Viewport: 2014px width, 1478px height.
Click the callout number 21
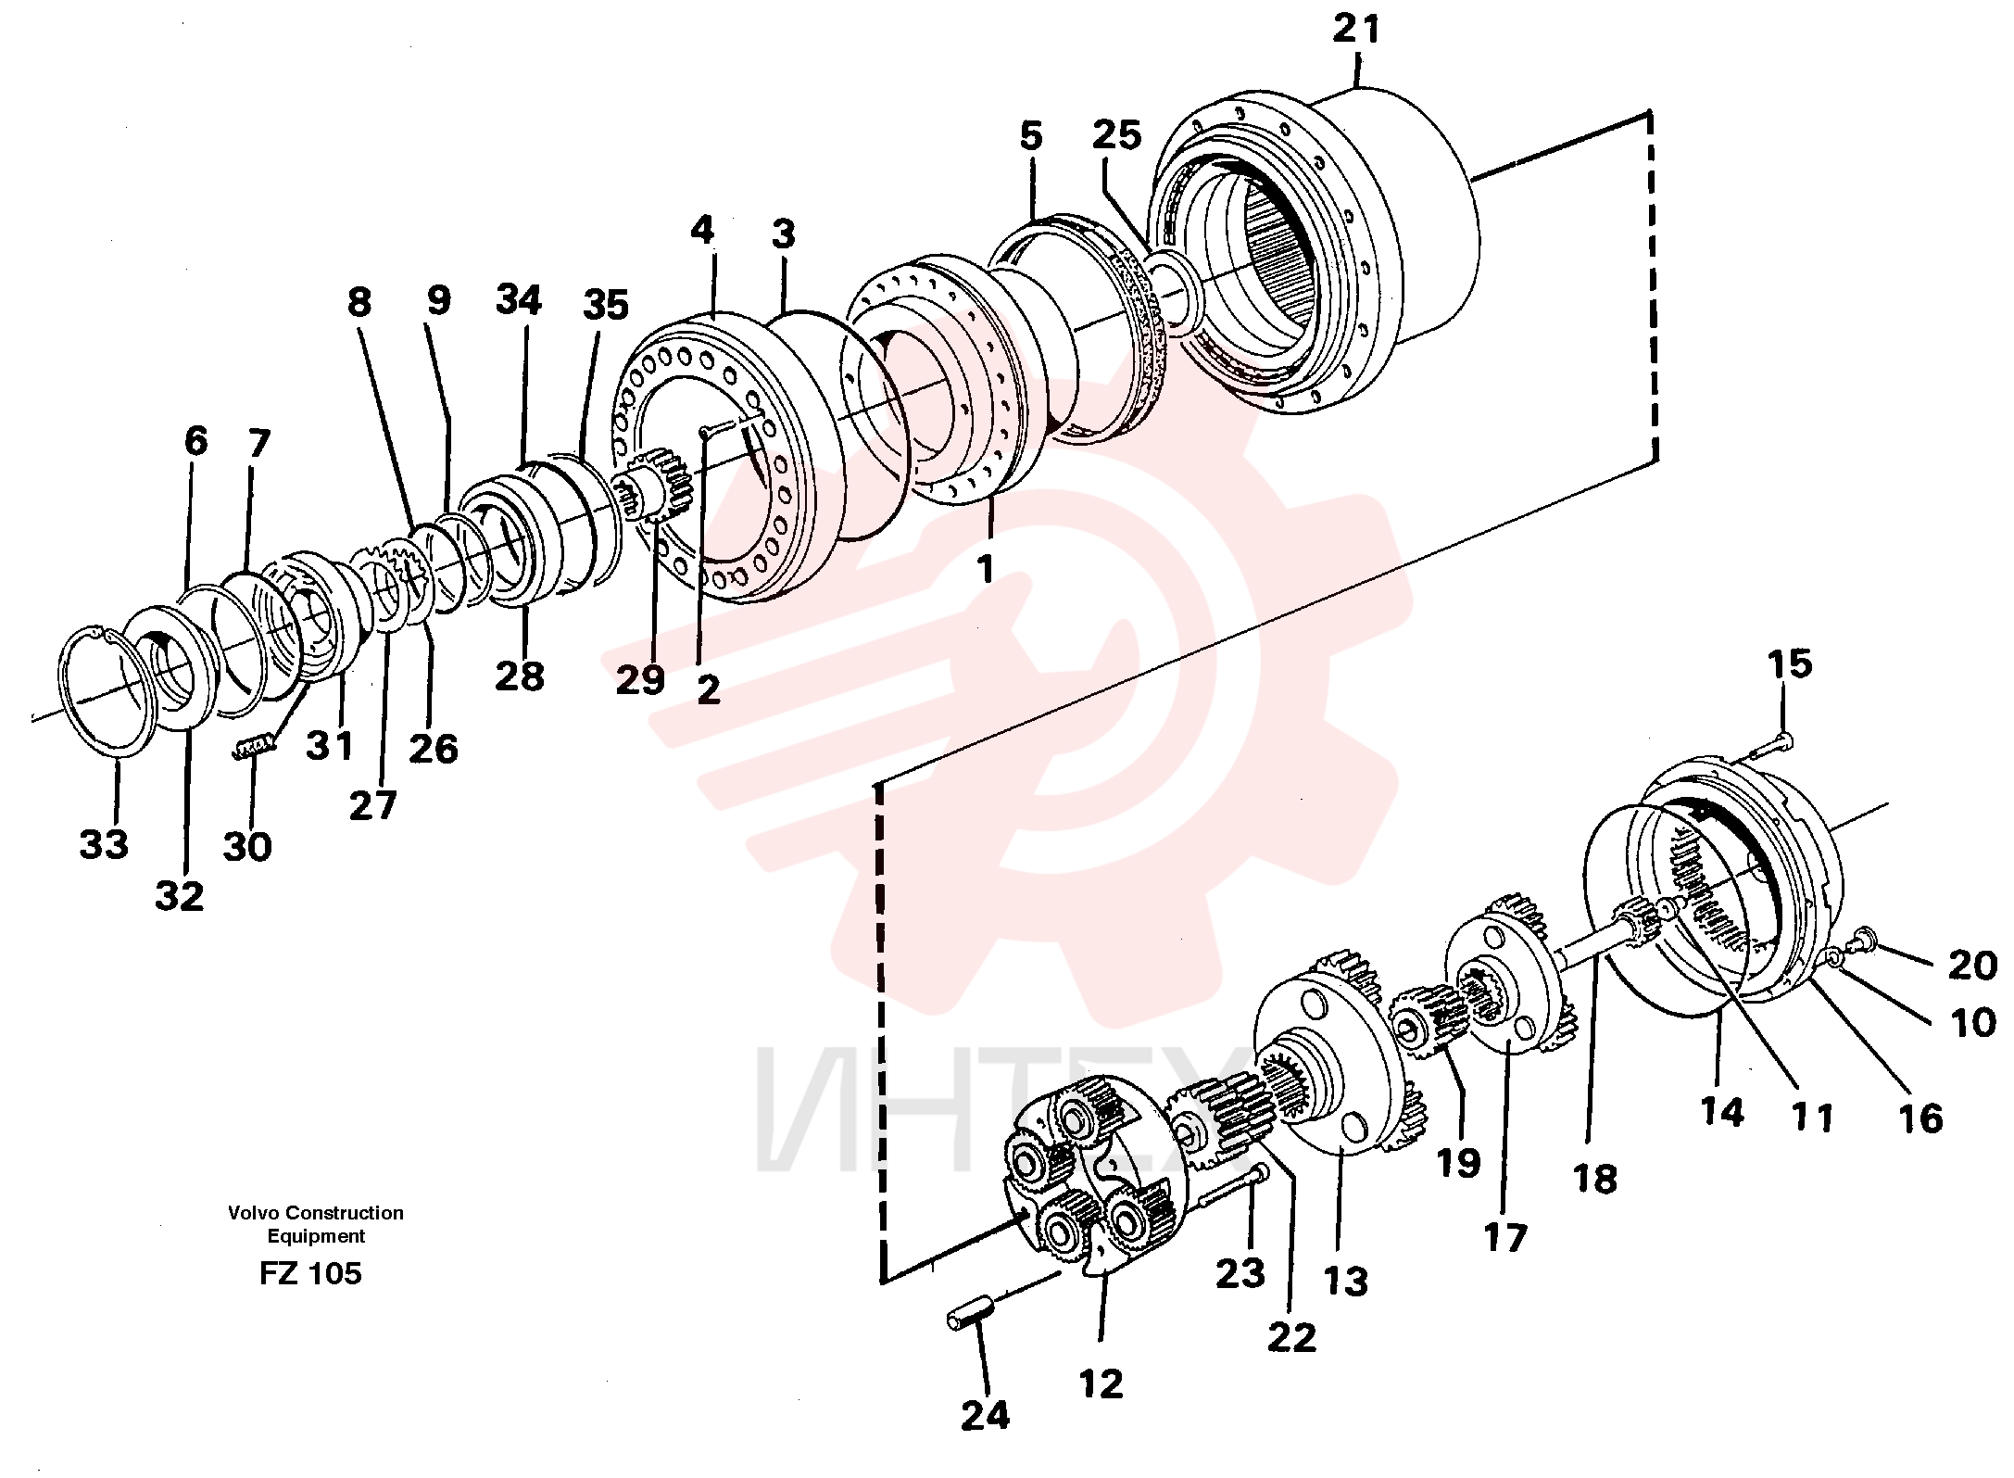(1356, 30)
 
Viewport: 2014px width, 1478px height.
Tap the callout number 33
(104, 844)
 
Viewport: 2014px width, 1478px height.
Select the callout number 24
(985, 1415)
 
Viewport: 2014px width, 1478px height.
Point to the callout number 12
(1101, 1384)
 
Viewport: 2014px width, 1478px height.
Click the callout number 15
(1789, 663)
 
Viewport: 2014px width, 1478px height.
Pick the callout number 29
(640, 680)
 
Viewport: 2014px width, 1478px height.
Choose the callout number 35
(606, 304)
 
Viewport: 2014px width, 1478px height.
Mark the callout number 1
(986, 568)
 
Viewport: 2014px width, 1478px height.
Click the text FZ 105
(310, 1273)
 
